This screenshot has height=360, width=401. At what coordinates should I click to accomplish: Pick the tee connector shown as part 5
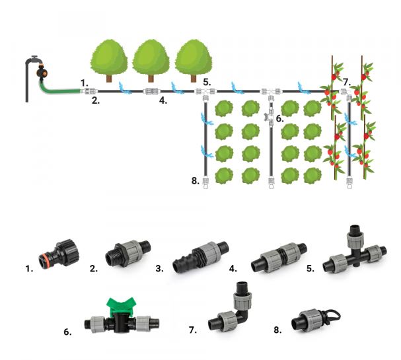point(352,255)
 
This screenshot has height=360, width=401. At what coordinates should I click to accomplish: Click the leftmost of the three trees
point(108,59)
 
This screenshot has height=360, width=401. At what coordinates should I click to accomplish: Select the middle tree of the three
point(152,59)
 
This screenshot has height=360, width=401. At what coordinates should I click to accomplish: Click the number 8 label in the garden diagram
point(195,180)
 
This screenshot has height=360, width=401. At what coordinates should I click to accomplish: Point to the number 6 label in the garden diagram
point(280,118)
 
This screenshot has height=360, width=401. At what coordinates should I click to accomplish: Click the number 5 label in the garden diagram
point(206,83)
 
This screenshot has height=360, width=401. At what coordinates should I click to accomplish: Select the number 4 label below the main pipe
point(162,101)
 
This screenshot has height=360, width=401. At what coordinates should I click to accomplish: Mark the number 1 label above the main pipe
point(84,82)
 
